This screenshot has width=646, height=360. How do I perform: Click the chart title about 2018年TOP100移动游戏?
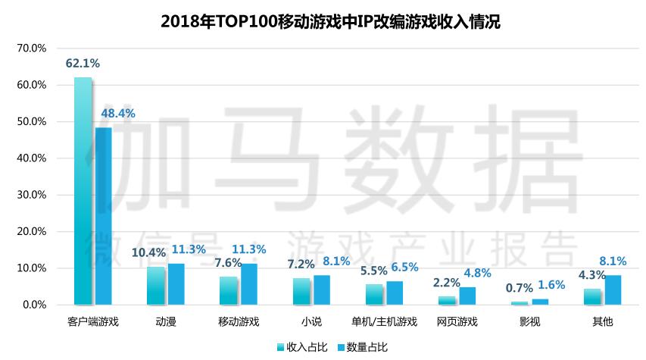point(330,22)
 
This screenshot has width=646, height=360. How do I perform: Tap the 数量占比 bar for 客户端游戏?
point(103,216)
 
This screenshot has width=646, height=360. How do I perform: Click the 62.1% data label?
point(83,64)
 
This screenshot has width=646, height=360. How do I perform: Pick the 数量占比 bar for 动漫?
point(176,284)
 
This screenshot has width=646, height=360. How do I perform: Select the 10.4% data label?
point(148,252)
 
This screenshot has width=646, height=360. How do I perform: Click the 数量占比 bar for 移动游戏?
point(249,284)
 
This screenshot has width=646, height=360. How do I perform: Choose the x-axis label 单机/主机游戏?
point(385,321)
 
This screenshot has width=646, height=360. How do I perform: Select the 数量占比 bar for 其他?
point(613,290)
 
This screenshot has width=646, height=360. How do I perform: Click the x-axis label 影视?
point(530,321)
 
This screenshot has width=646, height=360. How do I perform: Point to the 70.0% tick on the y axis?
point(32,49)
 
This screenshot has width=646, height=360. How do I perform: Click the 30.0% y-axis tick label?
point(32,195)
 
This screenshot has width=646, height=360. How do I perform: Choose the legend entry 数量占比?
point(362,347)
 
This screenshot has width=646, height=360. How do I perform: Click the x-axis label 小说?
point(311,321)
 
